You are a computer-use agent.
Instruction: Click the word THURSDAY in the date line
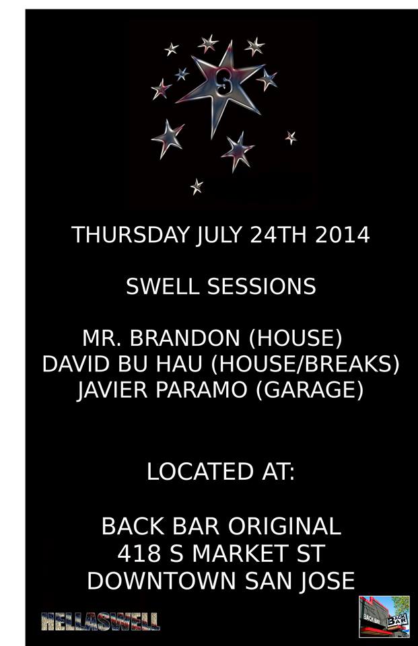pyautogui.click(x=131, y=235)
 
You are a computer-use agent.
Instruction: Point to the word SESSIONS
pyautogui.click(x=261, y=287)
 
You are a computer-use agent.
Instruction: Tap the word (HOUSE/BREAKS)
pyautogui.click(x=305, y=365)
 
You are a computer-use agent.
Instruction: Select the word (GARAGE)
pyautogui.click(x=310, y=390)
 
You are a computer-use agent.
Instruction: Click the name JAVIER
pyautogui.click(x=112, y=390)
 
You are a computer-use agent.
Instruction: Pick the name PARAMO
pyautogui.click(x=201, y=390)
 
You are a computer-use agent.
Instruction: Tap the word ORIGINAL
pyautogui.click(x=285, y=526)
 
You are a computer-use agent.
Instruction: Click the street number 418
pyautogui.click(x=139, y=553)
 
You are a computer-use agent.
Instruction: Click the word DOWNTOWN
pyautogui.click(x=162, y=581)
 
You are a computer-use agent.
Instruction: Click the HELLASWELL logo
pyautogui.click(x=100, y=622)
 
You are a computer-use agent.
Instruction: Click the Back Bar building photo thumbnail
pyautogui.click(x=384, y=616)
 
